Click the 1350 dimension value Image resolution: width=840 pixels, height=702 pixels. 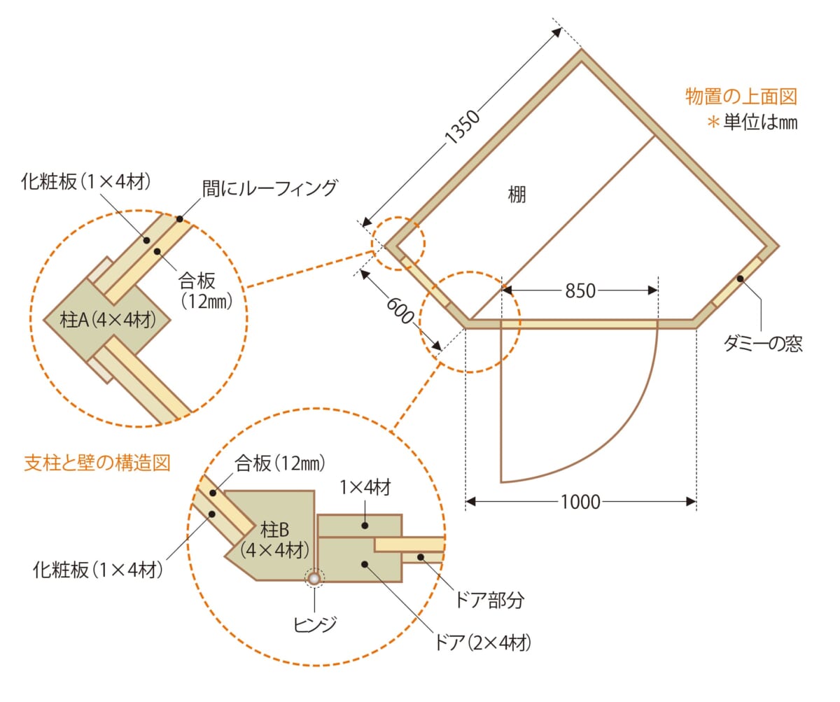463,127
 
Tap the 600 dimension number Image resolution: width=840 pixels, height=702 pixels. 400,310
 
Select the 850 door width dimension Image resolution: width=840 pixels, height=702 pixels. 580,290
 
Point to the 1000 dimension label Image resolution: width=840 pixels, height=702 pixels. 580,502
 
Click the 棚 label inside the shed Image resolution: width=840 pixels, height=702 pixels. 517,195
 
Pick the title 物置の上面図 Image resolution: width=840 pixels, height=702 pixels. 741,97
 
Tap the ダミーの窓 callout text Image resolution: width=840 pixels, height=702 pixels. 763,344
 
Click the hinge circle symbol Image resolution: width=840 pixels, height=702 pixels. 314,579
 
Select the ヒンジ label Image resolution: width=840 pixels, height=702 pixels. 314,624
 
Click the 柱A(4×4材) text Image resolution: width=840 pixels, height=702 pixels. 107,321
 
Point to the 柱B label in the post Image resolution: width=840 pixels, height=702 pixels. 275,530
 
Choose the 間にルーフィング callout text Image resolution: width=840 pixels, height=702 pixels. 269,188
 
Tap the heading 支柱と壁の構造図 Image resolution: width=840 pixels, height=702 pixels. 97,463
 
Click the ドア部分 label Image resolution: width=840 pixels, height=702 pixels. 489,601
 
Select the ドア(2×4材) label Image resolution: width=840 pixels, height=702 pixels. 482,643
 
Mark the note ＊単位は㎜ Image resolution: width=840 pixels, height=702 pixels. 752,122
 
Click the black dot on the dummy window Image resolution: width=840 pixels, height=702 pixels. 740,279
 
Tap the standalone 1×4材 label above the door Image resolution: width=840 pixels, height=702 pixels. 365,488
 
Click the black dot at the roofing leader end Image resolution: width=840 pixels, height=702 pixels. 180,219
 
